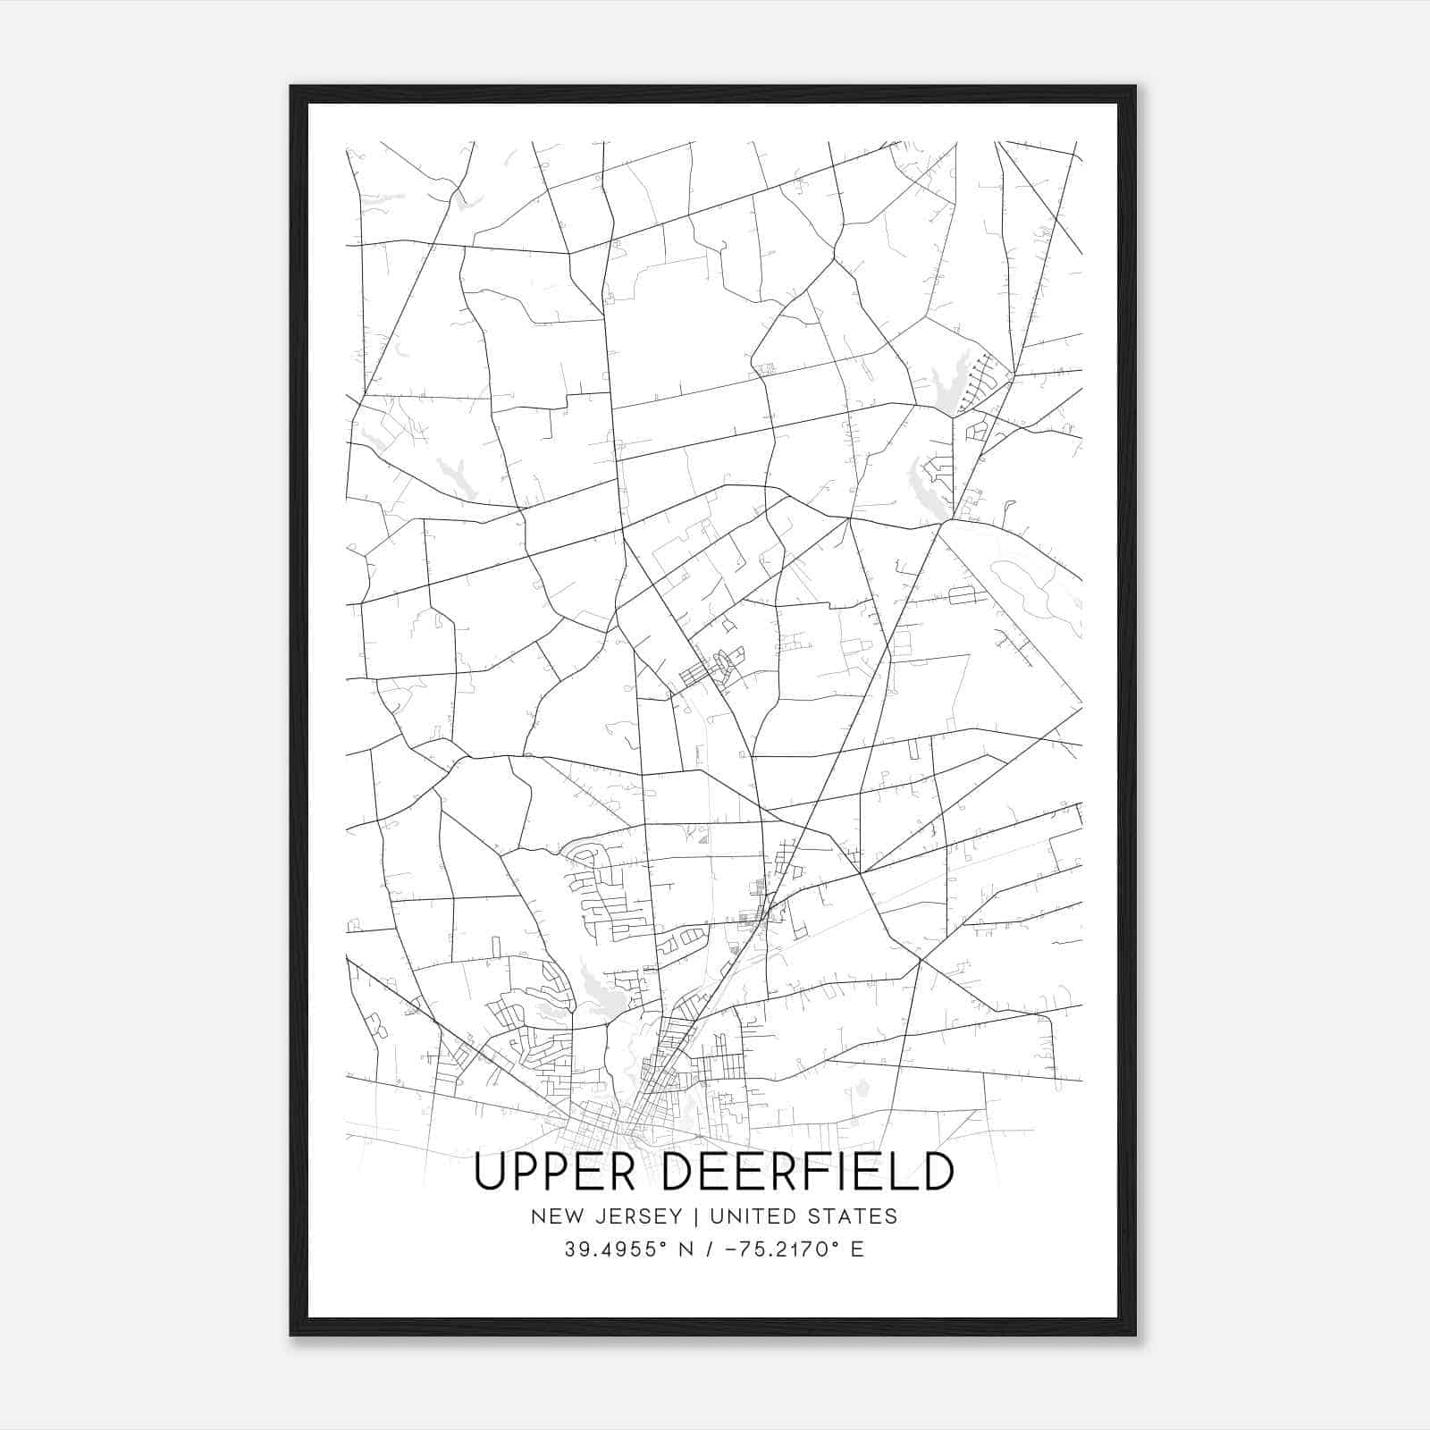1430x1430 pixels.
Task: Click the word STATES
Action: pos(854,1215)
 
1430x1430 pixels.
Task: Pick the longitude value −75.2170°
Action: pos(783,1249)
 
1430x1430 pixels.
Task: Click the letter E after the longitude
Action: pos(857,1249)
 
